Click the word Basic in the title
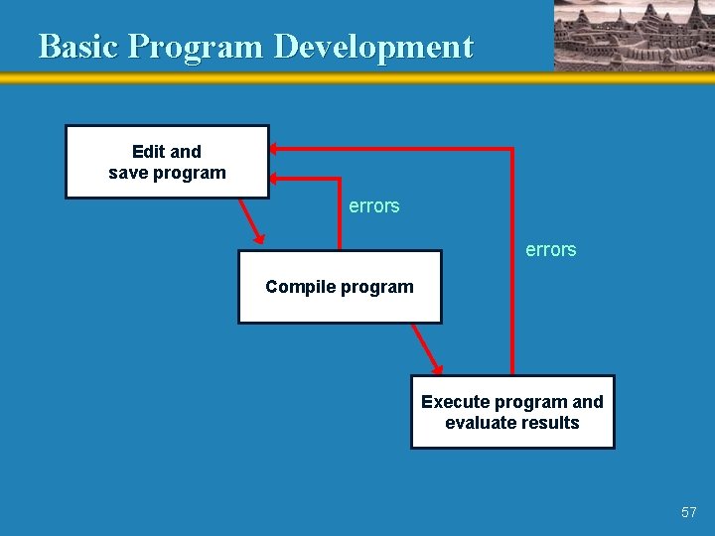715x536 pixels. coord(79,47)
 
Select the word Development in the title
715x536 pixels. coord(373,47)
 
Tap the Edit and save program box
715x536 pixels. coord(167,162)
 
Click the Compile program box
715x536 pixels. coord(340,287)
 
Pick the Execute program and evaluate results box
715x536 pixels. coord(512,412)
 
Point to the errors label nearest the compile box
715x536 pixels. coord(374,206)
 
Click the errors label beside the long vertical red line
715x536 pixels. coord(551,250)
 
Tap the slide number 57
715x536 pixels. coord(689,512)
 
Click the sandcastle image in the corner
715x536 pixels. coord(634,36)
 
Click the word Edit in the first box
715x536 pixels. coord(149,152)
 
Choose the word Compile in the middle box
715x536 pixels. coord(299,287)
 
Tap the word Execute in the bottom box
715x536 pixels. coord(455,402)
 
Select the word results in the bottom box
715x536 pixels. coord(552,423)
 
